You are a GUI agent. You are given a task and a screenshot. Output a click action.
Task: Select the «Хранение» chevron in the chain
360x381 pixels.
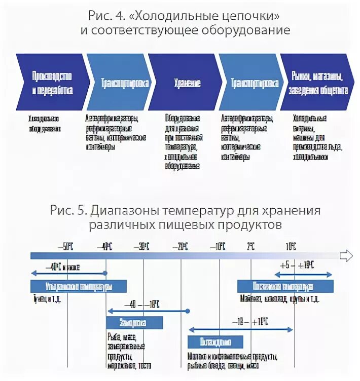[187, 83]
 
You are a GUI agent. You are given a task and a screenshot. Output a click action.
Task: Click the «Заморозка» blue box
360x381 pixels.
[134, 323]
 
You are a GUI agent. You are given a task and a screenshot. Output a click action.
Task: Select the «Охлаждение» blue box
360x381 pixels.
[215, 341]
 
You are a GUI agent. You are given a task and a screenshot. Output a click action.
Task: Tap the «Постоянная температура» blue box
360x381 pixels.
[285, 286]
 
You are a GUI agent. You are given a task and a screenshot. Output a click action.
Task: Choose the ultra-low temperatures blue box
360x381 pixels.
[78, 286]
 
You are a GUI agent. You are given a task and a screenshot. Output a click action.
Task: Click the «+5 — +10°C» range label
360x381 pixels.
[297, 265]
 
